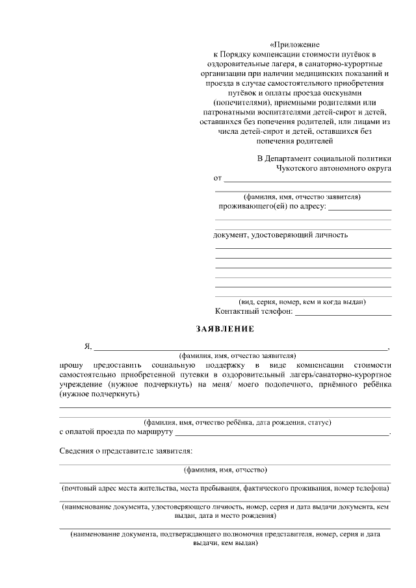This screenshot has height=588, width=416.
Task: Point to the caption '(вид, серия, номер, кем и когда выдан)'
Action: point(302,301)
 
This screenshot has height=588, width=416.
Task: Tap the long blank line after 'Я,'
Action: point(240,349)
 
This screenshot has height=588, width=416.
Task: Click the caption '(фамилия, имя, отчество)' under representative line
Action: point(225,470)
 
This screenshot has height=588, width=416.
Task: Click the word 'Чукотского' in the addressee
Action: point(296,168)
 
